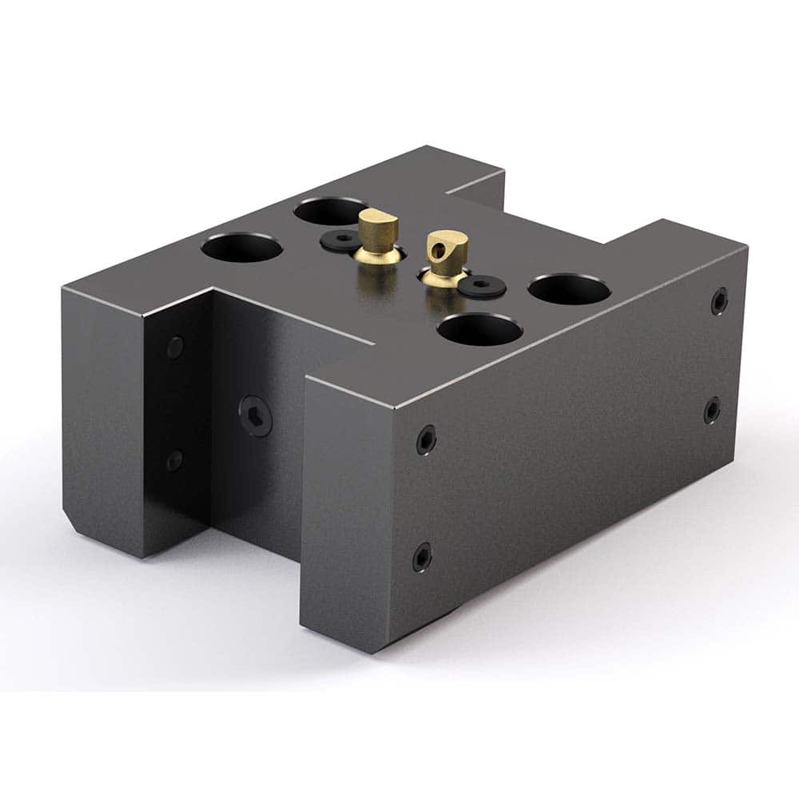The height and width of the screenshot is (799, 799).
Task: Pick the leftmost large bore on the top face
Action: (x=241, y=247)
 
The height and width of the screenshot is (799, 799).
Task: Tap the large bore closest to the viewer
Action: (x=481, y=329)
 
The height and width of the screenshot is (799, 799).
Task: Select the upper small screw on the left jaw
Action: (x=175, y=347)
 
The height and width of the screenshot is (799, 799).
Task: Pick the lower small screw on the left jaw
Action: (x=174, y=460)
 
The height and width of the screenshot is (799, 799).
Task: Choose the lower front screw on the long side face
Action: (x=422, y=557)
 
